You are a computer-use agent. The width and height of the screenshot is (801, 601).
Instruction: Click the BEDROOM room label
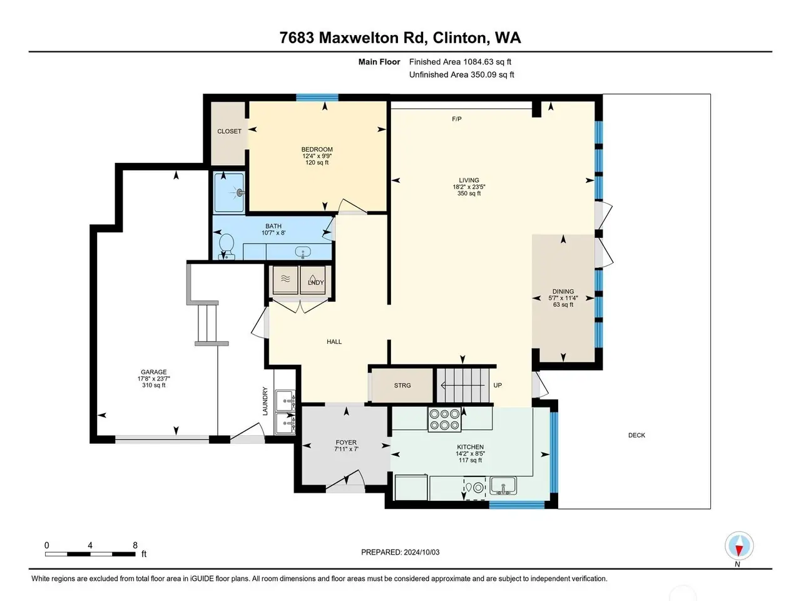click(317, 149)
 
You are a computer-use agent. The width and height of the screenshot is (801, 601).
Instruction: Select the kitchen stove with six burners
click(444, 419)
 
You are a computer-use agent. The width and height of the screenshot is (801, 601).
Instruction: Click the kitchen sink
click(503, 486)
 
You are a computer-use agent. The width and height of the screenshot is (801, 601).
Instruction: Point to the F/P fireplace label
click(457, 119)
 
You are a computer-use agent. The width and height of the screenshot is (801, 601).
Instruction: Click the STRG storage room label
click(402, 386)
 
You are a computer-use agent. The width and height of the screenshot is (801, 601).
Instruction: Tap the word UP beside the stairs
click(497, 385)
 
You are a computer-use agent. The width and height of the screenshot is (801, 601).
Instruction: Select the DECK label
click(636, 435)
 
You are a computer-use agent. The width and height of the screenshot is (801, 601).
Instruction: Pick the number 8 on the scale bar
click(135, 545)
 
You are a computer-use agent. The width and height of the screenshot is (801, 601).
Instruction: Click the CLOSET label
click(229, 131)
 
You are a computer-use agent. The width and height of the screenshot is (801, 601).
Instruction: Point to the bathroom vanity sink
click(302, 252)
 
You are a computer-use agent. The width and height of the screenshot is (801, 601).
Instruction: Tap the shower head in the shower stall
click(240, 193)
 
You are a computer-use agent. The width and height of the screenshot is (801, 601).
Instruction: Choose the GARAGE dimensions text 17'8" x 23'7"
click(154, 379)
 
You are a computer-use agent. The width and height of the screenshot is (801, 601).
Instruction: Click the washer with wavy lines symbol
click(285, 279)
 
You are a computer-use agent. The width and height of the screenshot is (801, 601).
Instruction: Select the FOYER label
click(346, 442)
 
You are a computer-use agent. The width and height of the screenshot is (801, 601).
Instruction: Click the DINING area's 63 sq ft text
click(563, 304)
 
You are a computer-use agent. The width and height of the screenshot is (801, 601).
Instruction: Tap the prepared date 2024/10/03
click(422, 552)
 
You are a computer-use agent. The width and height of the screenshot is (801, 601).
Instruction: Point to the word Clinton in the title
click(461, 38)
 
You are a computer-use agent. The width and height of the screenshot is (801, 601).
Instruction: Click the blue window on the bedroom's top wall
click(317, 98)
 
